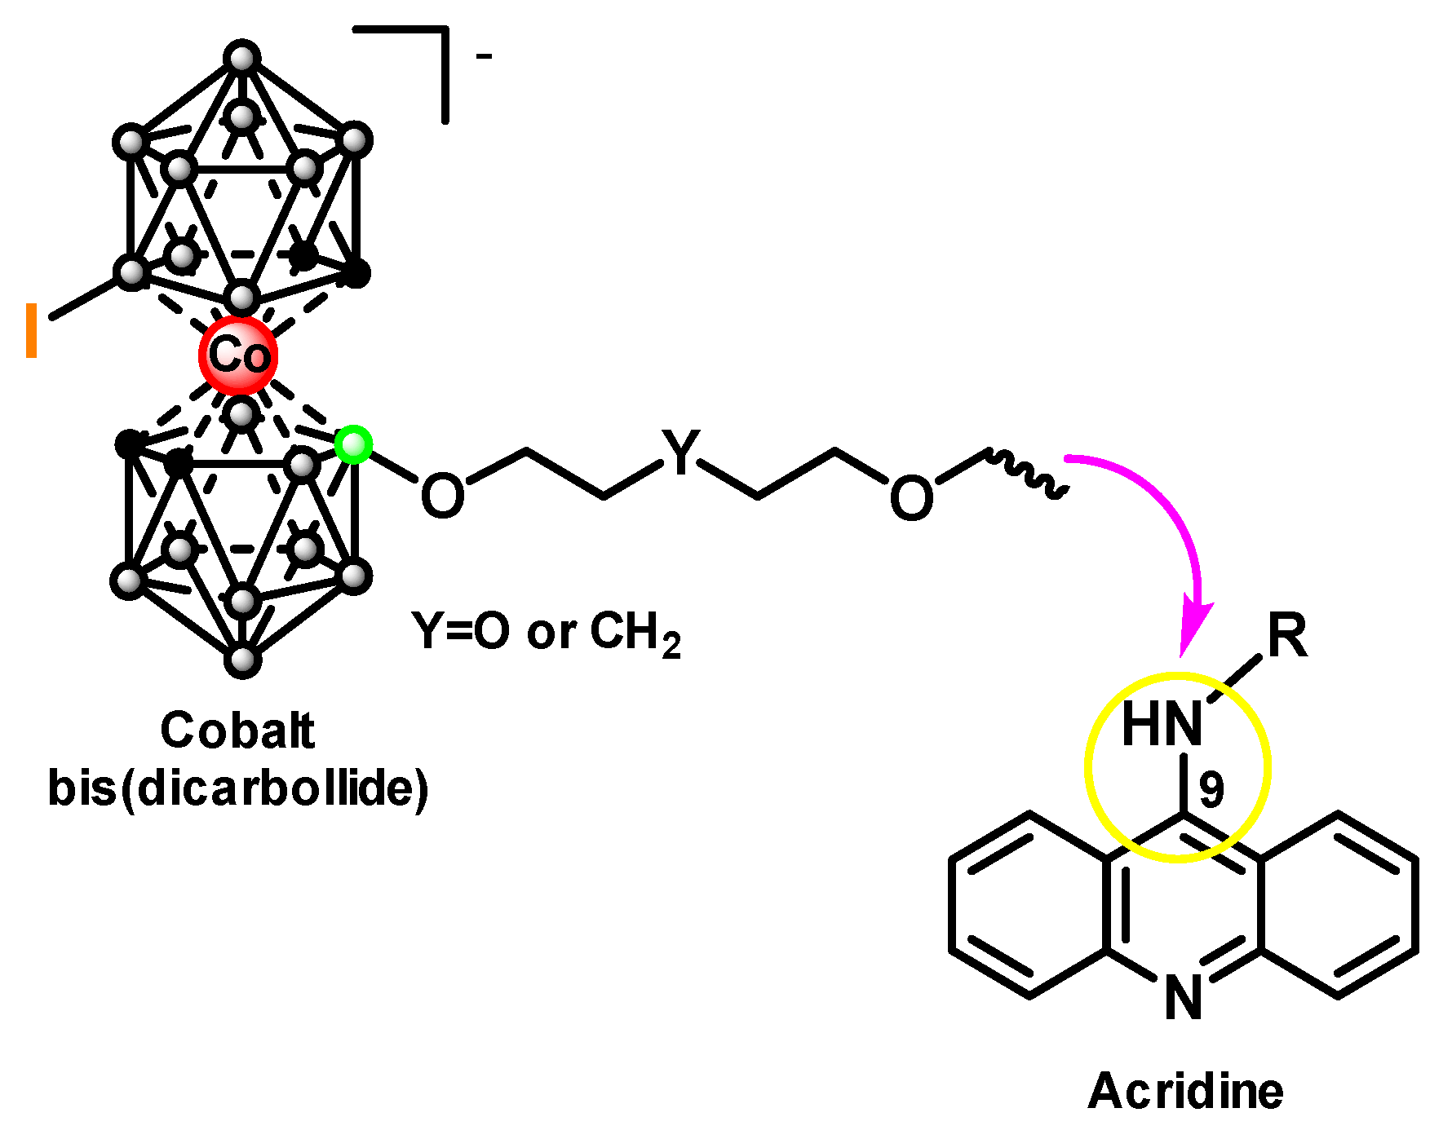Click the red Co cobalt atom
pyautogui.click(x=238, y=355)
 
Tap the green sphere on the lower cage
pyautogui.click(x=354, y=444)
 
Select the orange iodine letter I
pyautogui.click(x=32, y=330)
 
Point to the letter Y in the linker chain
pyautogui.click(x=681, y=451)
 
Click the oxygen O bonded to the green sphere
pyautogui.click(x=442, y=495)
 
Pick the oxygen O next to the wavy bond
pyautogui.click(x=911, y=498)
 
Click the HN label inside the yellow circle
pyautogui.click(x=1162, y=724)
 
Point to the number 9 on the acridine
pyautogui.click(x=1211, y=789)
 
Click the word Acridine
pyautogui.click(x=1185, y=1091)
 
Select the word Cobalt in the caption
pyautogui.click(x=237, y=730)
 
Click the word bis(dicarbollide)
pyautogui.click(x=238, y=788)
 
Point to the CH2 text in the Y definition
pyautogui.click(x=635, y=634)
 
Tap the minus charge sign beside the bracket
pyautogui.click(x=484, y=56)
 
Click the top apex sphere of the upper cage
pyautogui.click(x=242, y=59)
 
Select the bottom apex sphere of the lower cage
pyautogui.click(x=242, y=659)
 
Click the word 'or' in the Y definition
pyautogui.click(x=551, y=634)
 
